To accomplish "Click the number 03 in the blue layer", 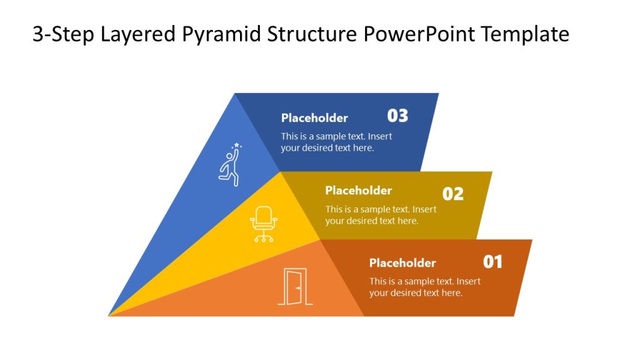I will coord(397,116).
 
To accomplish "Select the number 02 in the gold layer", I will coord(453,194).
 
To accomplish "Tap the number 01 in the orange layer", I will coord(492,262).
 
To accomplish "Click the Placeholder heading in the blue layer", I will coord(314,118).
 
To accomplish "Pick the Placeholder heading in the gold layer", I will coord(358,191).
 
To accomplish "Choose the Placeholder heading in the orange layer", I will coord(402,263).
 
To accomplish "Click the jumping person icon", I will coord(229,166).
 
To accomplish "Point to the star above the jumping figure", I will coord(237,145).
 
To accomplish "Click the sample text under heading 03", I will coord(336,142).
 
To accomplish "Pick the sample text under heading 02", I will coord(381,215).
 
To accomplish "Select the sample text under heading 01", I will coord(424,287).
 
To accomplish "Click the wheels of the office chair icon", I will coord(264,239).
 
